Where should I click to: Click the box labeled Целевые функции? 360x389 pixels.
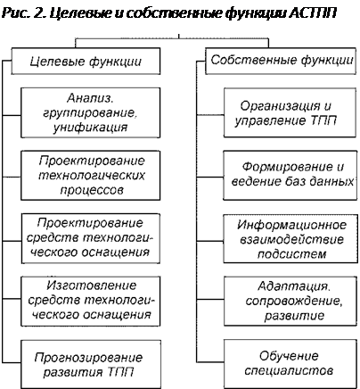[86, 62]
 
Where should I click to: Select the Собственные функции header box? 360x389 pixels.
[281, 61]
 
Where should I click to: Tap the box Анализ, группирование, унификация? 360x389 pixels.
[91, 112]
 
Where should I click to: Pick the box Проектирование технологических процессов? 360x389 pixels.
[91, 175]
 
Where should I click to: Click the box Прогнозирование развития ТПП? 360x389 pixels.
[91, 365]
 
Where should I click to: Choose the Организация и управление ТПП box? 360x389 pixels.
[290, 112]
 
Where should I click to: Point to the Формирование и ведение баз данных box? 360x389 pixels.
[290, 175]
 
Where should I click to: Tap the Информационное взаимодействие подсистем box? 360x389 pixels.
[290, 239]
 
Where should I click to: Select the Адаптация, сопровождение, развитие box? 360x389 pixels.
[290, 301]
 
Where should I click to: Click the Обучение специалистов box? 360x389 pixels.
[290, 364]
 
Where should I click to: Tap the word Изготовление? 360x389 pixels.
[92, 286]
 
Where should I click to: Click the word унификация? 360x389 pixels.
[90, 128]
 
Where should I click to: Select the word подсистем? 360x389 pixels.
[291, 254]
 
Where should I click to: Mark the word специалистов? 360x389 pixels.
[289, 371]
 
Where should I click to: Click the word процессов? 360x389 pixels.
[92, 190]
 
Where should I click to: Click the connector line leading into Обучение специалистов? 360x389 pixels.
[210, 362]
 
